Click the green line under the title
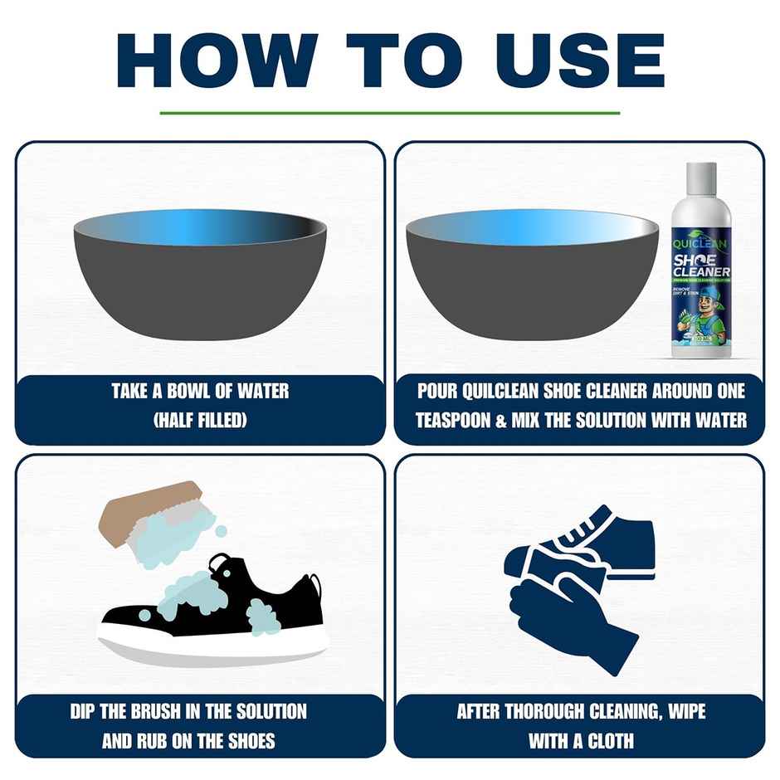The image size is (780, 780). [x=389, y=112]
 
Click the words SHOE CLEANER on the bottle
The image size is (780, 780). [x=701, y=266]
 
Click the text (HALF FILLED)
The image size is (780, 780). [x=200, y=421]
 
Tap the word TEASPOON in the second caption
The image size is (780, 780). [x=454, y=421]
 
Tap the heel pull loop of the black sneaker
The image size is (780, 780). [x=221, y=565]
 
